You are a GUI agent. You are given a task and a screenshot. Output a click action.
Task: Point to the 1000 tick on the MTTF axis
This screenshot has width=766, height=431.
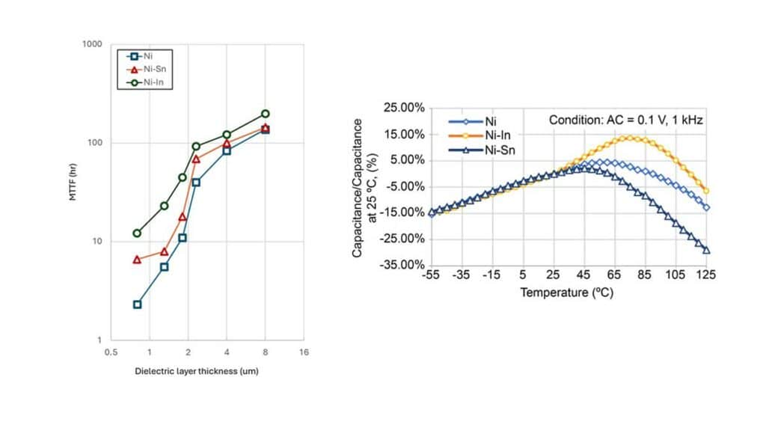(x=92, y=44)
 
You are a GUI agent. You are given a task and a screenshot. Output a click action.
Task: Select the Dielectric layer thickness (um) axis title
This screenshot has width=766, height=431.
(x=197, y=371)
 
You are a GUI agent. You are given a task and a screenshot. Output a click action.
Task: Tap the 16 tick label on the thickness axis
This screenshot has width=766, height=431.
(x=303, y=352)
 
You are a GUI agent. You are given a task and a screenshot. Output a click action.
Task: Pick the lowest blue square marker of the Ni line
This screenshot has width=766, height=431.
(x=137, y=305)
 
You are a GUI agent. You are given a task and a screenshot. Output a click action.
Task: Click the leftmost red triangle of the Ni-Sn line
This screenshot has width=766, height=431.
(x=137, y=260)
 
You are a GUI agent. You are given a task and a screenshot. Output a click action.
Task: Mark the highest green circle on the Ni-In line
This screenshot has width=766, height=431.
(x=265, y=114)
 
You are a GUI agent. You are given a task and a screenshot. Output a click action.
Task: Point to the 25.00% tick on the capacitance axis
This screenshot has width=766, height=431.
(x=405, y=108)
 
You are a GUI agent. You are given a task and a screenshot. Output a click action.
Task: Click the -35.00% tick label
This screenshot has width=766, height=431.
(x=403, y=265)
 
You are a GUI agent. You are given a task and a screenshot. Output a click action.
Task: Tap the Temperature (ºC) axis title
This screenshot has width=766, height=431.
(x=567, y=293)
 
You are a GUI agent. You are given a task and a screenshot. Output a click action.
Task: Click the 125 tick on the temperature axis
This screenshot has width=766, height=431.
(x=706, y=275)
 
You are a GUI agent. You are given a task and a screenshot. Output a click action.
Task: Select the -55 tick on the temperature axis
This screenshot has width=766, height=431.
(x=430, y=275)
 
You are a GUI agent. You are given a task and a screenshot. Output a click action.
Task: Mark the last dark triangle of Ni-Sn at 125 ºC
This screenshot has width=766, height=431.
(x=706, y=250)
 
